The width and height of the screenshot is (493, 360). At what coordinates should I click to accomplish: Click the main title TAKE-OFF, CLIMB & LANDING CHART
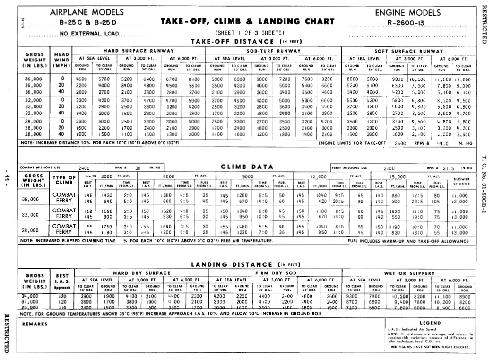click(x=248, y=21)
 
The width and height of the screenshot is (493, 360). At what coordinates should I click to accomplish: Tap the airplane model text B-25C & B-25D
click(x=87, y=22)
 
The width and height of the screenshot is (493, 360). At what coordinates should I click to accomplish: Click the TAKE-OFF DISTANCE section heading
click(x=246, y=41)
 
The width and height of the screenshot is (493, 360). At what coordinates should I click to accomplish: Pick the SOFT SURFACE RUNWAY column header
click(x=408, y=51)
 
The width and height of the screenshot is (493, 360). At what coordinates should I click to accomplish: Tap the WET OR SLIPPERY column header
click(x=408, y=273)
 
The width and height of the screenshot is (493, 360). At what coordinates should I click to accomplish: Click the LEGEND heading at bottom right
click(x=430, y=323)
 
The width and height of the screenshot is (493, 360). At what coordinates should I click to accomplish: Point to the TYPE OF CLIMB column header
click(x=63, y=179)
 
